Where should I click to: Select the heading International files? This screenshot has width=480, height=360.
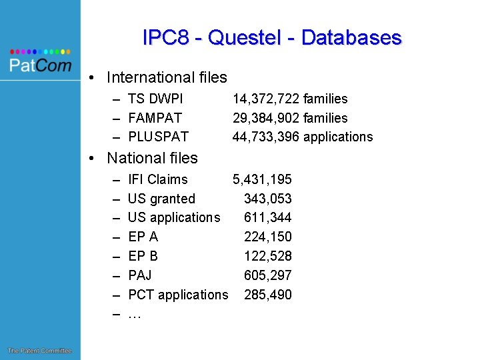pos(167,77)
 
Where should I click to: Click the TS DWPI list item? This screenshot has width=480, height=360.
pos(155,99)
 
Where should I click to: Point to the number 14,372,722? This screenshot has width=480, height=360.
pos(266,99)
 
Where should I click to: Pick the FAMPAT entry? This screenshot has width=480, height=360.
pos(155,118)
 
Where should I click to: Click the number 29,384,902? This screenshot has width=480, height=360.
pos(266,118)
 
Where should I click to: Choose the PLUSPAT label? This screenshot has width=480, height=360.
pos(158,137)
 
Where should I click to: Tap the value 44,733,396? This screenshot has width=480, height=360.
pos(266,137)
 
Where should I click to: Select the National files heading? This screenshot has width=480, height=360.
pos(152,158)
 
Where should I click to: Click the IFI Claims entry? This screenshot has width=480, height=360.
pos(158,179)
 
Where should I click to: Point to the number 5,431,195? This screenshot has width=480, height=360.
pos(262,179)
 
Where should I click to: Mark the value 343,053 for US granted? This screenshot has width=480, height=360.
pos(268,199)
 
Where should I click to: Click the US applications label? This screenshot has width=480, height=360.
pos(174,217)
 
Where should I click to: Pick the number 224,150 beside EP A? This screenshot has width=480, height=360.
pos(268,237)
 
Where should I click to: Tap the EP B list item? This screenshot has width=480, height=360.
pos(143,256)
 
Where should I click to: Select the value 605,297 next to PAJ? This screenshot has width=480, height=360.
pos(268,275)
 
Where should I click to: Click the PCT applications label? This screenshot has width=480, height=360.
pos(178,295)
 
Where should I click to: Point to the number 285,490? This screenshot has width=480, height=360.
pos(268,295)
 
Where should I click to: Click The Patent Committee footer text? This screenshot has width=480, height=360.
pos(39,351)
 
